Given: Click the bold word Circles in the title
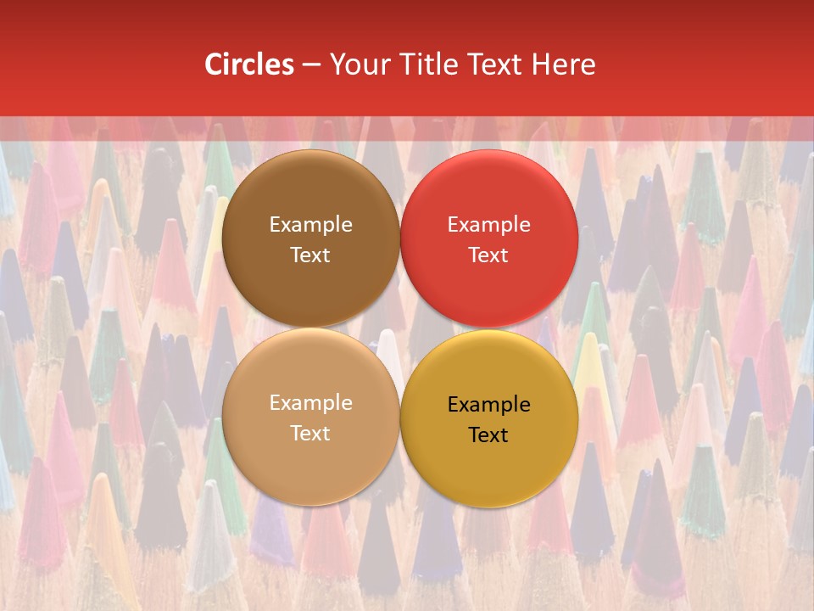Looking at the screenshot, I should click(249, 64).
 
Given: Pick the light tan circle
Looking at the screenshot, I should click(310, 458).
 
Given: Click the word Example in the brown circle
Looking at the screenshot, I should click(310, 225).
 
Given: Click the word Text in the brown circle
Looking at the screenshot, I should click(310, 255).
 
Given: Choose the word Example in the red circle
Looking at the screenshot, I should click(488, 225).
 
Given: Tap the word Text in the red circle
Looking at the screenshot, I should click(488, 255).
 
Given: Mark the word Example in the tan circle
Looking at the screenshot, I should click(310, 403).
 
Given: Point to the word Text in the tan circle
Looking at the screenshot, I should click(310, 434).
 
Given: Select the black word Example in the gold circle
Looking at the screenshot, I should click(488, 405).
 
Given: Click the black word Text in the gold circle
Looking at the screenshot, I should click(488, 435).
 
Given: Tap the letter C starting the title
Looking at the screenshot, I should click(214, 64).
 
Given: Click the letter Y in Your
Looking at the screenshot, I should click(337, 64).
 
